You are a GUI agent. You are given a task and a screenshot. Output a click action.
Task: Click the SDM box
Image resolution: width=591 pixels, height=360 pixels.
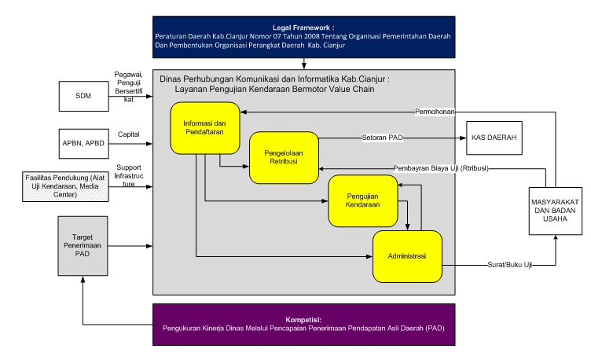pyautogui.click(x=83, y=96)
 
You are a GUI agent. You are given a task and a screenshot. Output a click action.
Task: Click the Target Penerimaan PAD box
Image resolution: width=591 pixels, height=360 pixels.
pyautogui.click(x=83, y=244)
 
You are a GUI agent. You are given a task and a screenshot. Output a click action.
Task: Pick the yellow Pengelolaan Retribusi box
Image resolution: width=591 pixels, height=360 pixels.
pyautogui.click(x=284, y=157)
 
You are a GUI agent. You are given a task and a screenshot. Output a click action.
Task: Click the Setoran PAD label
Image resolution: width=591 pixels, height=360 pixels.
pyautogui.click(x=383, y=137)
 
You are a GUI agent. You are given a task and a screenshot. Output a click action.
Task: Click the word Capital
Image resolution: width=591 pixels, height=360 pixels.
pyautogui.click(x=128, y=134)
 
